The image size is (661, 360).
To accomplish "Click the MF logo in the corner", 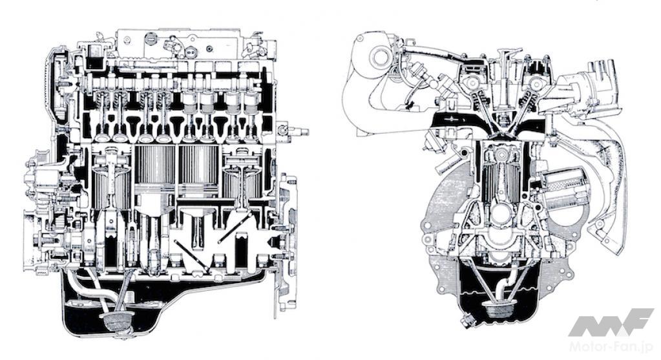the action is tap(612, 323).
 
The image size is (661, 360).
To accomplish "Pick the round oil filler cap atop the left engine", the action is tap(150, 39).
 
